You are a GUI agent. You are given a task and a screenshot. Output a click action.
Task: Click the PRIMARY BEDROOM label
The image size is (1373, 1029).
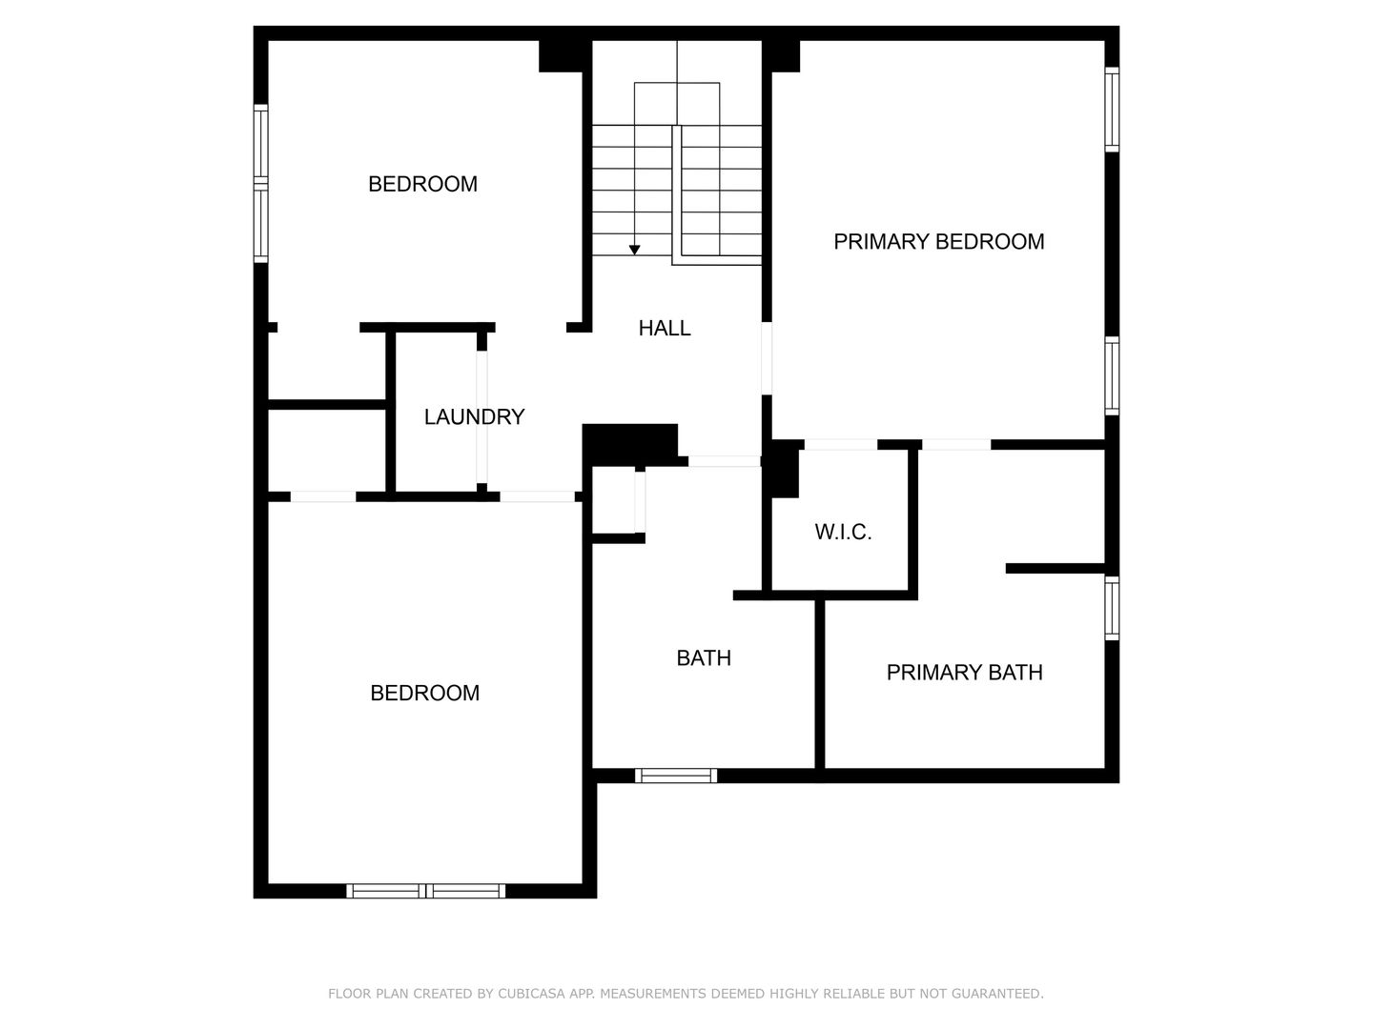click(x=938, y=242)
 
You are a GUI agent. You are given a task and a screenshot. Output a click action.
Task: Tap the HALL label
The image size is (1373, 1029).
click(x=665, y=328)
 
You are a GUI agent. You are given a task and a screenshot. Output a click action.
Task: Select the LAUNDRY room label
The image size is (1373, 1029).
click(x=474, y=416)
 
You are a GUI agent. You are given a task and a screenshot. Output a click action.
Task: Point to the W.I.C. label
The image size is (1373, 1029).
click(x=843, y=532)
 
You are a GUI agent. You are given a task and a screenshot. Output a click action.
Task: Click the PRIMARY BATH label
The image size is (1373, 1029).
click(x=965, y=673)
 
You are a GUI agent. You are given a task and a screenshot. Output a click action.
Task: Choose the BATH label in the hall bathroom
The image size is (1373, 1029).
click(x=704, y=657)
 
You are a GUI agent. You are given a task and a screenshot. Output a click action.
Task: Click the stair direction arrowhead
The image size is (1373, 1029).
click(x=634, y=250)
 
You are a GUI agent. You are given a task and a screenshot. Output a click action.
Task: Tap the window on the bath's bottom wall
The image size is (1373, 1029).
click(x=676, y=776)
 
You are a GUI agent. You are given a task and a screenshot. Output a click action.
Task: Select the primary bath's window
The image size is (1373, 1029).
click(x=1112, y=608)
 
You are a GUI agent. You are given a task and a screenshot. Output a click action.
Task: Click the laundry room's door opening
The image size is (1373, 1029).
click(x=482, y=416)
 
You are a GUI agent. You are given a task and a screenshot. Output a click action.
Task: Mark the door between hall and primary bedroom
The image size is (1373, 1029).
click(x=767, y=358)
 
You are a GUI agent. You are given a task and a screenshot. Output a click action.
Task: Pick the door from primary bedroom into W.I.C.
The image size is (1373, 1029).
click(x=841, y=444)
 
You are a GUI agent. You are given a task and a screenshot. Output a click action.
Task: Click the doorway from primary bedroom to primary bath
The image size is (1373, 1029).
click(x=956, y=444)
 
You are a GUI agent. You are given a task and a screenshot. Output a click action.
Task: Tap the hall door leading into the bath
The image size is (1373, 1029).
click(x=725, y=461)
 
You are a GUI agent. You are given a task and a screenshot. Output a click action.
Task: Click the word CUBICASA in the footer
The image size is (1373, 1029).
click(x=531, y=993)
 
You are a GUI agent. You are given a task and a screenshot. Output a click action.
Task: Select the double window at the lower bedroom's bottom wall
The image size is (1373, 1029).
click(x=426, y=890)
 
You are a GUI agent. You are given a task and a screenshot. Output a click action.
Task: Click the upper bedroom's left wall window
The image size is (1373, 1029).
click(x=261, y=183)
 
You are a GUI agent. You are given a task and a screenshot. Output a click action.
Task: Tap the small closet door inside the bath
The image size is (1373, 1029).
click(x=640, y=502)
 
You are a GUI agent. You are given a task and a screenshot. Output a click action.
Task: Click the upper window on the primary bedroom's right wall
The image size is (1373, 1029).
click(x=1112, y=109)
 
